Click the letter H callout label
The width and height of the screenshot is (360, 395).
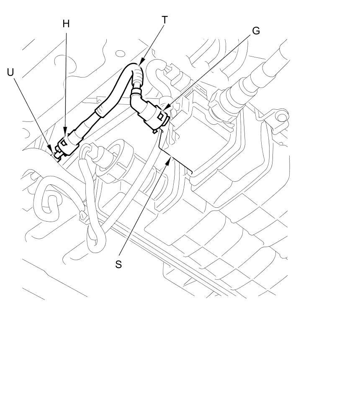tap(66, 24)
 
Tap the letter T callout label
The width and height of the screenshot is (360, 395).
tap(165, 20)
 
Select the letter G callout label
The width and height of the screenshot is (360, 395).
tap(256, 31)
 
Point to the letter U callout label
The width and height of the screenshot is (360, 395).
tap(10, 72)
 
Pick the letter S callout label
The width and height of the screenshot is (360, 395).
tap(118, 264)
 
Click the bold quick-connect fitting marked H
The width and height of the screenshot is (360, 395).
tap(68, 143)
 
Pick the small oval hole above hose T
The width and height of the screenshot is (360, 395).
tap(121, 54)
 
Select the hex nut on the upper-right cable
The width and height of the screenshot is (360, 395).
tap(217, 100)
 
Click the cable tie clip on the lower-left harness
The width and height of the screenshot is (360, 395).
tap(83, 216)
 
